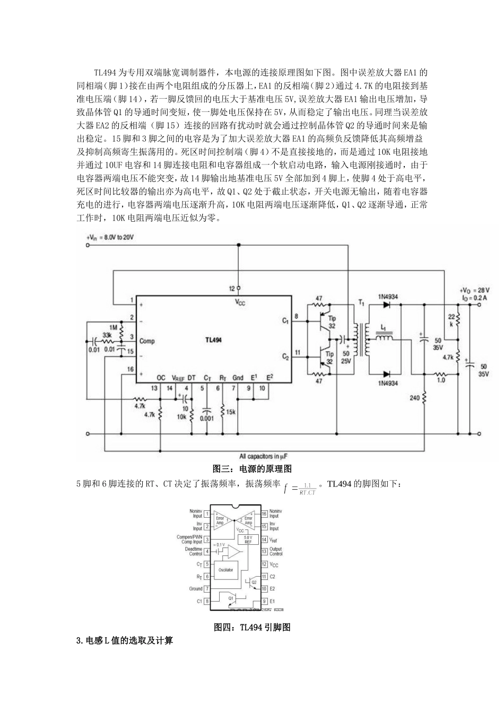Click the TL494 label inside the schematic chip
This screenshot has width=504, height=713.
point(213,340)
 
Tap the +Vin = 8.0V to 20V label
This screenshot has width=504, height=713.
point(110,238)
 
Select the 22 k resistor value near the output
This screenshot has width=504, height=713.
point(451,318)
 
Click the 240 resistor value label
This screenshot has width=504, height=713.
point(414,396)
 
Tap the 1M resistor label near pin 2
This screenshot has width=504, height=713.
point(112,327)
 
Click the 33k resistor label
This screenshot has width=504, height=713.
point(107,336)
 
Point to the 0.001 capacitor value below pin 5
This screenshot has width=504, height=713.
point(207,418)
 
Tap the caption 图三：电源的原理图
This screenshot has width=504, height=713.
point(252,469)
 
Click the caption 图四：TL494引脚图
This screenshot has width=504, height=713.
point(252,627)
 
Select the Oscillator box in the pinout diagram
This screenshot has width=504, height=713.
point(225,570)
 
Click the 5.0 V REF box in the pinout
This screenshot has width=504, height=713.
point(247,540)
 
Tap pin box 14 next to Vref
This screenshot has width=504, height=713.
point(264,540)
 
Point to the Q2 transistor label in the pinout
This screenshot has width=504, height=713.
point(254,581)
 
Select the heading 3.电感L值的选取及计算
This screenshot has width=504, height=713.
point(125,641)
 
